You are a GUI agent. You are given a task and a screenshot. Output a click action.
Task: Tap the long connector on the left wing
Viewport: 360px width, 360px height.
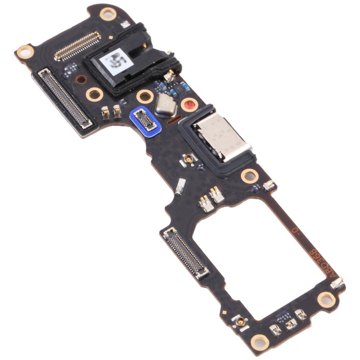point(64,99)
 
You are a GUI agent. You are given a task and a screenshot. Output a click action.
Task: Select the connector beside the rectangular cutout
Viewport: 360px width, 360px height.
point(187,252)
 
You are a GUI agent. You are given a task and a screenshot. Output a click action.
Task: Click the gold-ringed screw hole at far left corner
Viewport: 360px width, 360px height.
point(23,52)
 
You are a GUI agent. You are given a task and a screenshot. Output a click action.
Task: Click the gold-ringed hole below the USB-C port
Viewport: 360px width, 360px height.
point(250,175)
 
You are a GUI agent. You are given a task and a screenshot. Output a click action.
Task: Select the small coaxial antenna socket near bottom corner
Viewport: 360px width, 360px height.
point(239,321)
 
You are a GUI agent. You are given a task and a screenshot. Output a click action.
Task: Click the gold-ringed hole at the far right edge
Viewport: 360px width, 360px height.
point(327,299)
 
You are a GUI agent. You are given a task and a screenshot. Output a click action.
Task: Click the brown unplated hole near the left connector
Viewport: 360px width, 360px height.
point(82,79)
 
